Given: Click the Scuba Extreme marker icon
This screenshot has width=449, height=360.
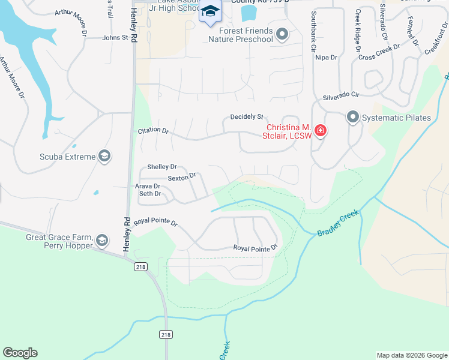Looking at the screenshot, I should click(104, 157).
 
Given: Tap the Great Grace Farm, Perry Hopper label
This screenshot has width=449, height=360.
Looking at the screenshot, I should click(59, 241).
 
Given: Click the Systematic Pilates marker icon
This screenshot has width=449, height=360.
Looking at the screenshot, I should click(352, 117).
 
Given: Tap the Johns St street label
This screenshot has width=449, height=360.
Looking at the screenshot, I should click(116, 37).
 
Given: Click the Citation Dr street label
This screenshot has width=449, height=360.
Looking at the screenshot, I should click(153, 130).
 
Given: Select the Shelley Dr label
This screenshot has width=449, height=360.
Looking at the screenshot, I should click(162, 167).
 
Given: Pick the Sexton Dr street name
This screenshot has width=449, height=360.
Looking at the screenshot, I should click(182, 177).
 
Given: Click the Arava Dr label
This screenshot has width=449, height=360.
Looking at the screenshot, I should click(148, 186).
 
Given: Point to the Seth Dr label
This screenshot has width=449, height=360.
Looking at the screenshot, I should click(150, 194).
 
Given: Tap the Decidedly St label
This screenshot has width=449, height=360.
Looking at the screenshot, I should click(247, 116).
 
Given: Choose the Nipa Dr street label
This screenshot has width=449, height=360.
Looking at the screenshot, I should click(326, 58).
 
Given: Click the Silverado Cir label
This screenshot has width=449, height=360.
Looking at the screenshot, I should click(340, 95).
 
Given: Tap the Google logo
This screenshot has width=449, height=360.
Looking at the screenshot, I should click(20, 353).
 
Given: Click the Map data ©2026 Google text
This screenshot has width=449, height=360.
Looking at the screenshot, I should click(412, 355).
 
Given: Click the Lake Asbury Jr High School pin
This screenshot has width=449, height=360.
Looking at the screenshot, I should click(211, 12).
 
